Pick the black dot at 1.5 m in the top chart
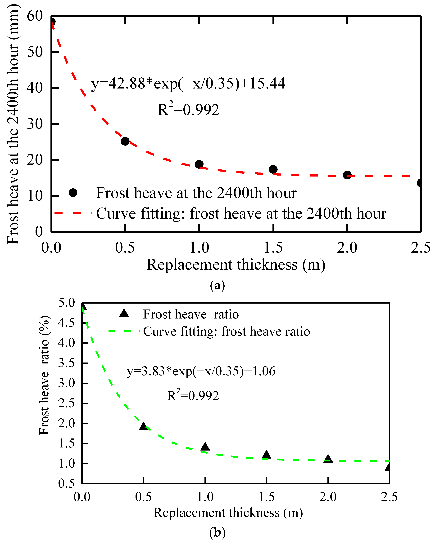[x=273, y=169]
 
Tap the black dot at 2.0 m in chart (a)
[x=347, y=175]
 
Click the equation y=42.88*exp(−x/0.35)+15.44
[x=188, y=84]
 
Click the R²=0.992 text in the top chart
[x=188, y=109]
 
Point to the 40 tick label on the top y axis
[x=35, y=88]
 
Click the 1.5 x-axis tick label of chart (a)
[x=273, y=248]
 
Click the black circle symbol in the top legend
[x=73, y=193]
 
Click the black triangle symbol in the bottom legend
[x=124, y=313]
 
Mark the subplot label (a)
[x=217, y=285]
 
